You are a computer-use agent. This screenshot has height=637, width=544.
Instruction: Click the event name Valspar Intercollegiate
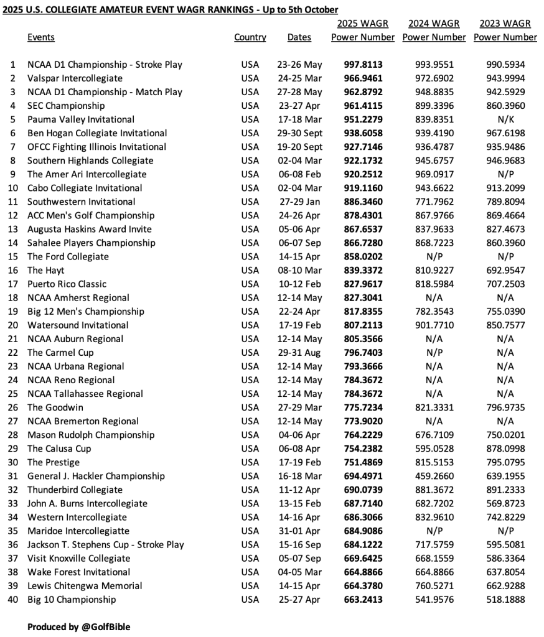[75, 78]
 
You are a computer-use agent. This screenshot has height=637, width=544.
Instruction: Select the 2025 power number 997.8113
[363, 65]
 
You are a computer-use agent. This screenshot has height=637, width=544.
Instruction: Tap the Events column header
[41, 37]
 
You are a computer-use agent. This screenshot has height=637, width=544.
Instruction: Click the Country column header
[250, 37]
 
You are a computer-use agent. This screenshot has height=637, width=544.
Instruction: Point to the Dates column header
[299, 37]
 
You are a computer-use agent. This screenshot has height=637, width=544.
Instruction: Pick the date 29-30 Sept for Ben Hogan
[300, 133]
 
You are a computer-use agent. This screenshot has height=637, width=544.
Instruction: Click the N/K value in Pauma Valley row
[505, 119]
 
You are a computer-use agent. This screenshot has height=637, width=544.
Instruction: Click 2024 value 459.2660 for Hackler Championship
[434, 477]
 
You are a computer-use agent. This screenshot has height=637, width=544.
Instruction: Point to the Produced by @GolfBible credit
[78, 627]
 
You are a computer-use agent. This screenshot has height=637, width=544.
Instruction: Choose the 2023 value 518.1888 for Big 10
[505, 600]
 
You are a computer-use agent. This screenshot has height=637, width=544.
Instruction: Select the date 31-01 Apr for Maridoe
[300, 531]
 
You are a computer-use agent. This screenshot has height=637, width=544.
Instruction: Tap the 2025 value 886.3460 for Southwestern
[363, 202]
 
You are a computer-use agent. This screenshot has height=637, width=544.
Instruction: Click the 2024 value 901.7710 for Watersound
[434, 325]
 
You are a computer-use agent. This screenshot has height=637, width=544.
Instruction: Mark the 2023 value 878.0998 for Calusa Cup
[505, 449]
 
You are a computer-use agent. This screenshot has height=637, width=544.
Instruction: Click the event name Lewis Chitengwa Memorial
[85, 586]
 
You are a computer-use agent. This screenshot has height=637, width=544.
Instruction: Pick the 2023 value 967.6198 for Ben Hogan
[505, 133]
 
